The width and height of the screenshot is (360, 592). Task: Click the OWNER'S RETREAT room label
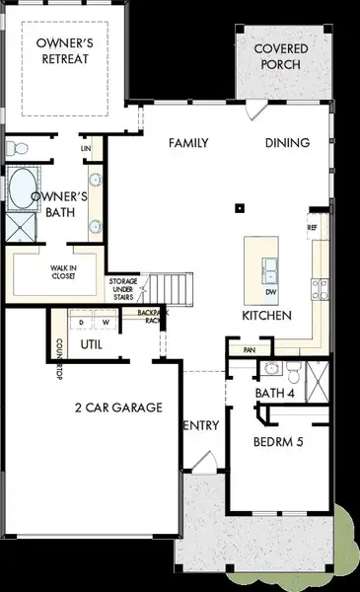pos(63,50)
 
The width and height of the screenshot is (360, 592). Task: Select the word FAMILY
pos(190,143)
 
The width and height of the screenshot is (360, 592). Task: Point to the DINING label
pos(287,143)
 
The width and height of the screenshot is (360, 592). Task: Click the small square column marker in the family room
pos(239,208)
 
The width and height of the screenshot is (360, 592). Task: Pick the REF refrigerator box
pos(313,227)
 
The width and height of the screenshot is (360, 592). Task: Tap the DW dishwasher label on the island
pos(270,292)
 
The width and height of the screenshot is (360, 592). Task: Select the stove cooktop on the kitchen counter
pos(321,288)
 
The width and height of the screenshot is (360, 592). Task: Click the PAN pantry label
pos(237,349)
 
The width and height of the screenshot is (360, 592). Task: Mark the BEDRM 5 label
pos(277,441)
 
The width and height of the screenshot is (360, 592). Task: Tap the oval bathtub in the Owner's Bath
pos(20,187)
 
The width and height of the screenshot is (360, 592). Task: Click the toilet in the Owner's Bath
pos(13,149)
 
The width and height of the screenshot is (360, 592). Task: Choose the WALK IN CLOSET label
pos(57,272)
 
